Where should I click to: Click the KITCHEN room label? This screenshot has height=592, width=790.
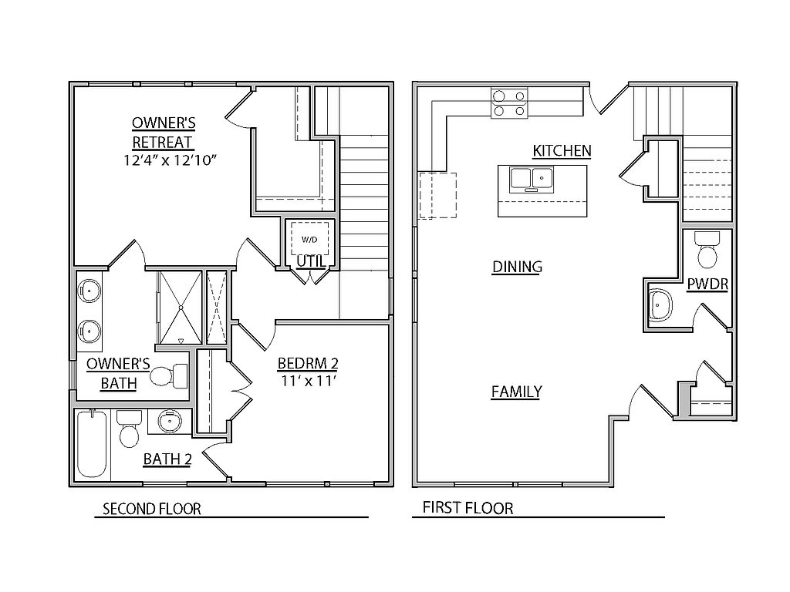[562, 150]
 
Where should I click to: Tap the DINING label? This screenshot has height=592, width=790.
[517, 267]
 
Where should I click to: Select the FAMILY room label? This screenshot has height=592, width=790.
[516, 392]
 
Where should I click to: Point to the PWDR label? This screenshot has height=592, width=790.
[707, 284]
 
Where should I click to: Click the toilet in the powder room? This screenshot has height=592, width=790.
[707, 250]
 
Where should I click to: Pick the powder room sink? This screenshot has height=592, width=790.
[660, 304]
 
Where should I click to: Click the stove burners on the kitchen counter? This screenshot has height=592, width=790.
[509, 103]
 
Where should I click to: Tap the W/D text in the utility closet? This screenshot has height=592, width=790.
[309, 240]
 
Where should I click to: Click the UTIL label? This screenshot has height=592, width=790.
[311, 261]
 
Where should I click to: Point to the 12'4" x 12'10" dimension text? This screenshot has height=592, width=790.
[170, 160]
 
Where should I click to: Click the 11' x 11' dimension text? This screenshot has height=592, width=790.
[309, 381]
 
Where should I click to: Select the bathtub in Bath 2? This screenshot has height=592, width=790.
[93, 444]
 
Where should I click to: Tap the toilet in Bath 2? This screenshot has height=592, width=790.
[129, 429]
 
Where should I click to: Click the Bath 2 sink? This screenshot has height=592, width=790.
[170, 422]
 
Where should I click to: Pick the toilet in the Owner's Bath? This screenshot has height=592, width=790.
[169, 375]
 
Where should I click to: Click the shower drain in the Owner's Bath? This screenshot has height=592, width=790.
[180, 307]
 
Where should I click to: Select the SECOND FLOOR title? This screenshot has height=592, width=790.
[152, 509]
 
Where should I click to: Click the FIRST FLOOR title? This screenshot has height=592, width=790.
[468, 508]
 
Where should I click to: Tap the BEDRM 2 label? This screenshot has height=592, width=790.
[308, 363]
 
